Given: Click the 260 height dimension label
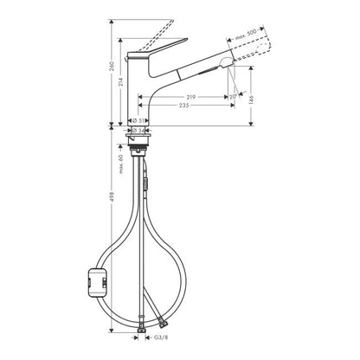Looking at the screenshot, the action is tap(112, 66).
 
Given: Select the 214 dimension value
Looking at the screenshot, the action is tap(121, 82).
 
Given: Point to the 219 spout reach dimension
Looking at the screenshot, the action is tap(190, 97).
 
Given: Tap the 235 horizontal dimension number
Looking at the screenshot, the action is tap(184, 106).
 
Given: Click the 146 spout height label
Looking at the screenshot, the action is tap(251, 100).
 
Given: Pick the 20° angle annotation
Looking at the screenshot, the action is tap(233, 97).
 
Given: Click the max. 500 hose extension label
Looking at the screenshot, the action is tap(246, 35).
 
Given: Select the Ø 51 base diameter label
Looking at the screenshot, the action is tap(138, 120).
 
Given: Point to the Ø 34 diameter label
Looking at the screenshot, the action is tap(138, 131).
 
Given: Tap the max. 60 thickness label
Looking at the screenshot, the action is tap(121, 164).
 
